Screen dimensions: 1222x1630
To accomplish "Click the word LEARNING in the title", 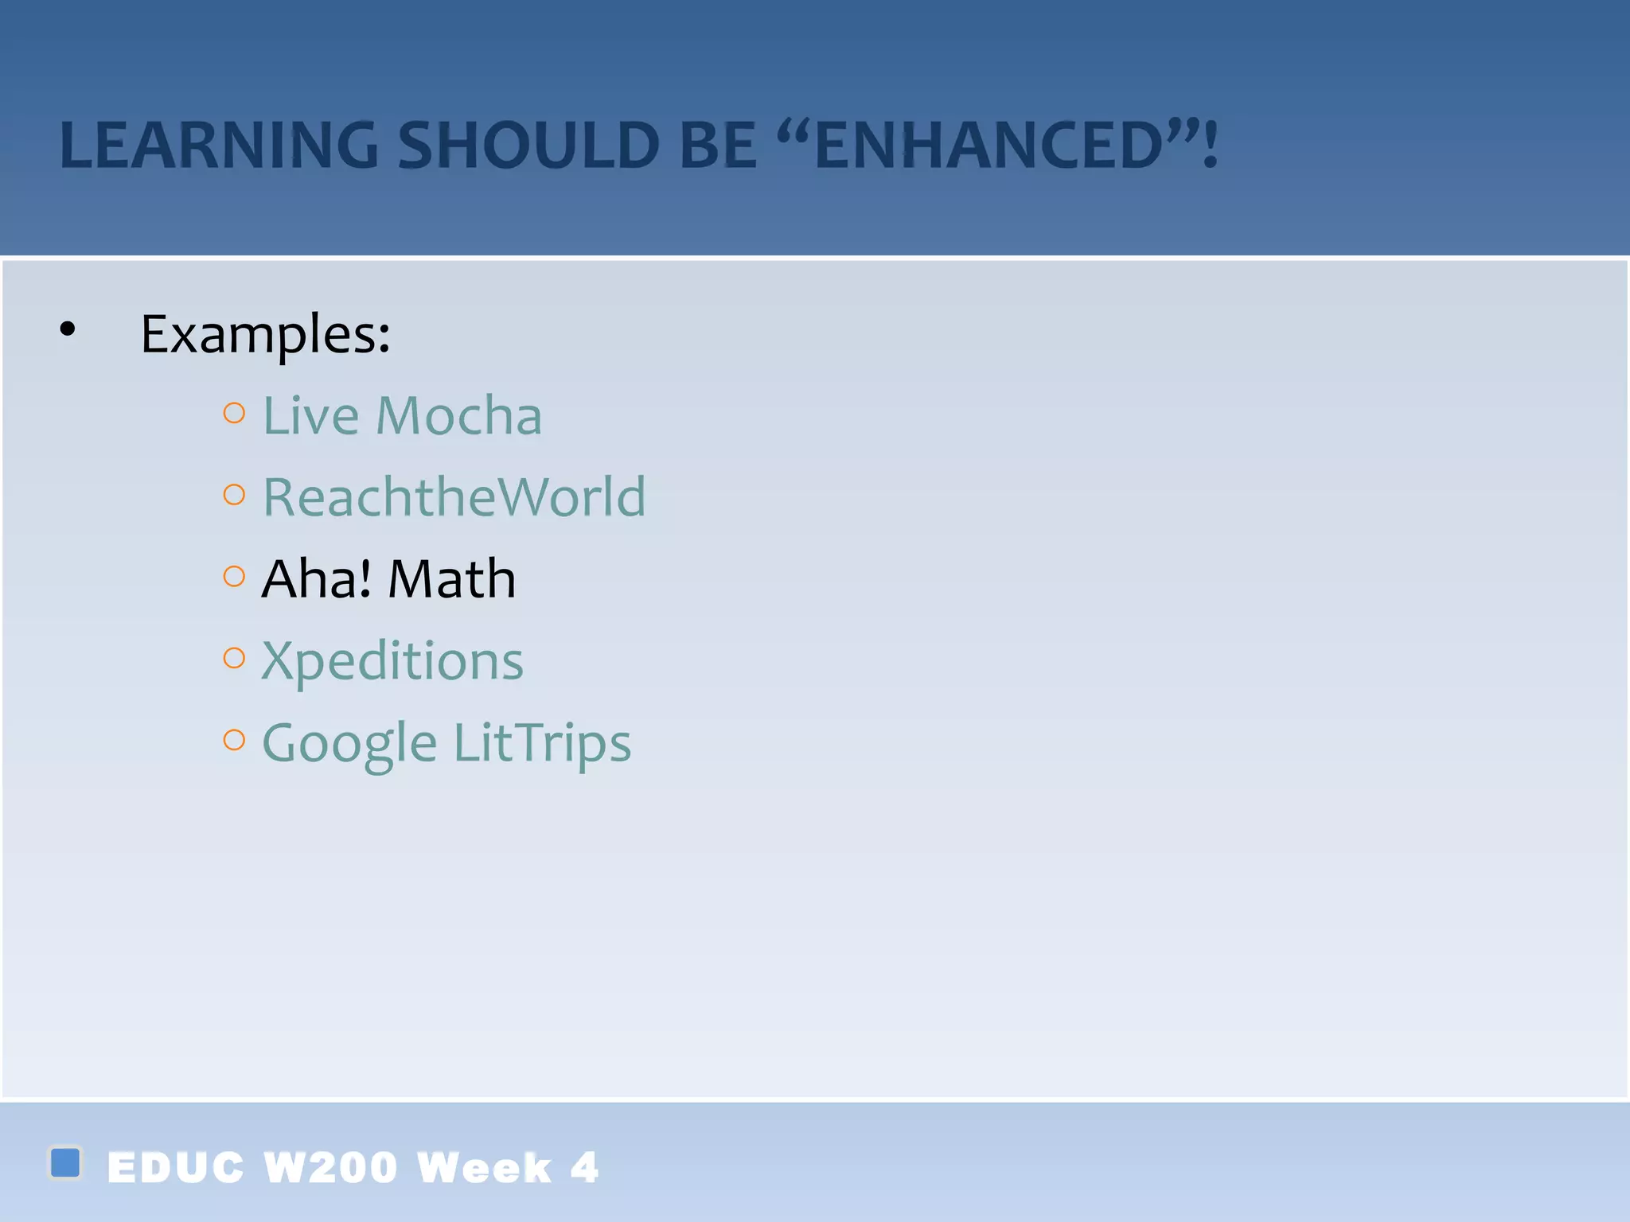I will pos(219,146).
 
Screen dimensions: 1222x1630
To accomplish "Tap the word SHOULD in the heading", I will pos(528,146).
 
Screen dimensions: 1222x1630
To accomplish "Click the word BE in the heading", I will pos(718,146).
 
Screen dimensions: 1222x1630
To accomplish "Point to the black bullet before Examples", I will pos(68,329).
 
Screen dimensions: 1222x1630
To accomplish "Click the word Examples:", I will pos(265,334).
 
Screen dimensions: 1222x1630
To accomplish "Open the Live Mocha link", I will pos(402,415).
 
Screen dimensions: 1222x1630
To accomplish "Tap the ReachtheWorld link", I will pos(454,497).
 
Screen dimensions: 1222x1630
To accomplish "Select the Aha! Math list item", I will pos(388,578).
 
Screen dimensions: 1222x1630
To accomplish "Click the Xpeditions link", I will pos(392,661).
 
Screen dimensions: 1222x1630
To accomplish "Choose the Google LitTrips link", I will pos(446,743).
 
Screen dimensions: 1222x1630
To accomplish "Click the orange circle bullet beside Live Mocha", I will pos(234,413).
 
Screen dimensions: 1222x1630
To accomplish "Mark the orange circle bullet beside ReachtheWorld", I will pos(234,495).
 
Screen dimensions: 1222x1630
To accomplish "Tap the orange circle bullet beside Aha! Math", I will pos(234,576).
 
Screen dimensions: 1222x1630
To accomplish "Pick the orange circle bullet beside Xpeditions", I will pos(234,658).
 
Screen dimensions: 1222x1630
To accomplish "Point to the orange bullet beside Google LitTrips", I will pos(234,740).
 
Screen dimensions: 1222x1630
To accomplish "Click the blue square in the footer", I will pos(65,1162).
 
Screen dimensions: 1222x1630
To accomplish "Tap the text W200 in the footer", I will pos(330,1168).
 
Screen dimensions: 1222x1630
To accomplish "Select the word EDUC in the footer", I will pos(175,1168).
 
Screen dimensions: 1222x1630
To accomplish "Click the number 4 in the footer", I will pos(584,1168).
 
